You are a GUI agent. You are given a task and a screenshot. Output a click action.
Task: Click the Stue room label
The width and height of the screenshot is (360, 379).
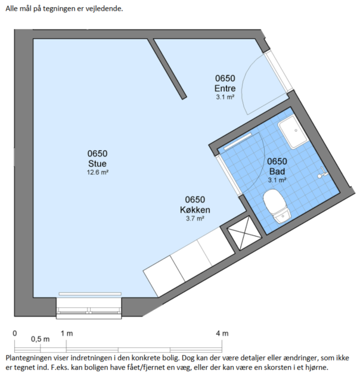97,164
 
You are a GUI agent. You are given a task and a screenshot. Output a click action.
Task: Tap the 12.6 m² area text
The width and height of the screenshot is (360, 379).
97,172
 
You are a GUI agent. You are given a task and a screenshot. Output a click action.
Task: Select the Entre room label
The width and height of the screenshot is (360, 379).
225,88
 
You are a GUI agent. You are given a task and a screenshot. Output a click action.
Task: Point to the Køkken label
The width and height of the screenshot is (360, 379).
195,210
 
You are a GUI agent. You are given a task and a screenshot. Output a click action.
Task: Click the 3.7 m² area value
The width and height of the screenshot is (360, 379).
195,219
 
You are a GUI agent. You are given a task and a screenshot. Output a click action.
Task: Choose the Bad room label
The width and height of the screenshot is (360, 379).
277,172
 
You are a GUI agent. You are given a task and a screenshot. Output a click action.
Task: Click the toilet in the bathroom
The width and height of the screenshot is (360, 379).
277,206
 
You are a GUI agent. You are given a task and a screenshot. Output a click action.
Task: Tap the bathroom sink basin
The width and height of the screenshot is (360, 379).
293,132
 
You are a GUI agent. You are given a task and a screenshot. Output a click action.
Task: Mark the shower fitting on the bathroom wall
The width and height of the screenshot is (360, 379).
322,173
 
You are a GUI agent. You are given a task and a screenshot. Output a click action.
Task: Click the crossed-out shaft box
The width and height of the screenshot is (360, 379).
244,233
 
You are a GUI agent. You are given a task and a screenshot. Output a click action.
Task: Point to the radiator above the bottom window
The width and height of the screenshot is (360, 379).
90,294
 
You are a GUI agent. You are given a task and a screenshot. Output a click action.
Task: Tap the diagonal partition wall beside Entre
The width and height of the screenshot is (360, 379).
167,69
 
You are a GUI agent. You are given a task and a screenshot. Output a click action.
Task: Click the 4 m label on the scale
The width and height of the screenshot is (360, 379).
222,334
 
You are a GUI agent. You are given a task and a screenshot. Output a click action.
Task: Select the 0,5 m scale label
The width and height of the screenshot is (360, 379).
40,339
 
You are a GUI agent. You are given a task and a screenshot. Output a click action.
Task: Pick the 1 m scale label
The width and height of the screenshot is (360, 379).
67,334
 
